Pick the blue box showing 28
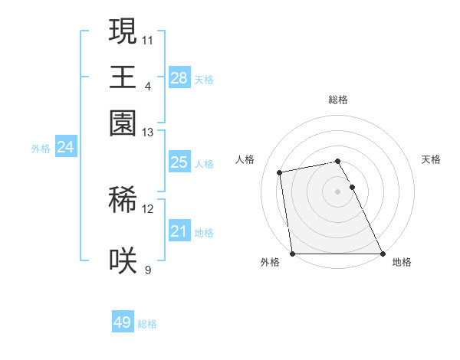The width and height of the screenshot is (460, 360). [x=179, y=77]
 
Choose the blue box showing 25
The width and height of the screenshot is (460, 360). [x=179, y=162]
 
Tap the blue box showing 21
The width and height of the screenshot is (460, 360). [x=179, y=231]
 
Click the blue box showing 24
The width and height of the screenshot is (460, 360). [x=65, y=147]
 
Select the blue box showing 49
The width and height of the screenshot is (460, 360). [x=123, y=322]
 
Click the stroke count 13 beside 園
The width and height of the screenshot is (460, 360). [x=148, y=133]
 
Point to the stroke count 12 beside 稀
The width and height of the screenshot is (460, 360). [x=148, y=209]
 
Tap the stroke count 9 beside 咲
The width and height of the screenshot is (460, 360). [x=148, y=270]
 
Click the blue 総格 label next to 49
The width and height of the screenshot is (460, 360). [x=147, y=324]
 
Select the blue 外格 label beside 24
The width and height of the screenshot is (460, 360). [x=41, y=149]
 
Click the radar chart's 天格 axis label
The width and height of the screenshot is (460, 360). [x=431, y=159]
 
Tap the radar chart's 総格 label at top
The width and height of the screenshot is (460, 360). [x=338, y=100]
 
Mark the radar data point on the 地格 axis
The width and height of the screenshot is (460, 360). [x=382, y=253]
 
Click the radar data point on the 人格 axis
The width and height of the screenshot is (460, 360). [x=281, y=172]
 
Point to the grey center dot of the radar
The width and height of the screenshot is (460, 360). [x=338, y=191]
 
